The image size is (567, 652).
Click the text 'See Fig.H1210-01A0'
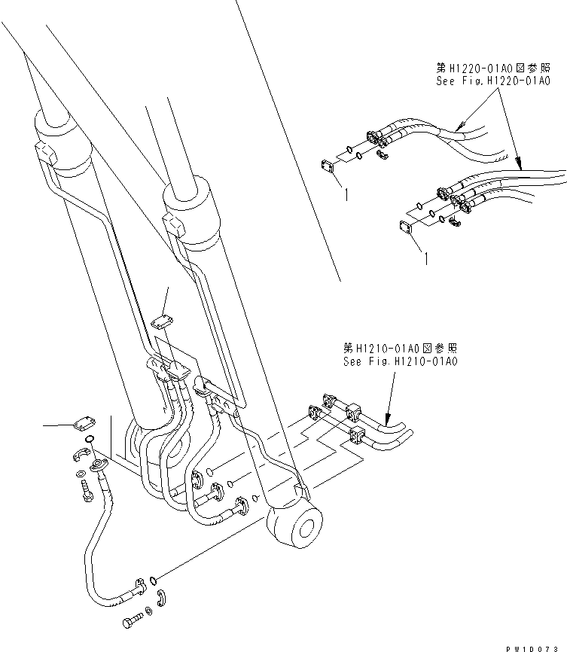coord(399,361)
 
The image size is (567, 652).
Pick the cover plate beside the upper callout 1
coord(328,166)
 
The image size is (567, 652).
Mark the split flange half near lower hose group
coord(457,221)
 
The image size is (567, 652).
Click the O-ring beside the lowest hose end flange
coord(154,580)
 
